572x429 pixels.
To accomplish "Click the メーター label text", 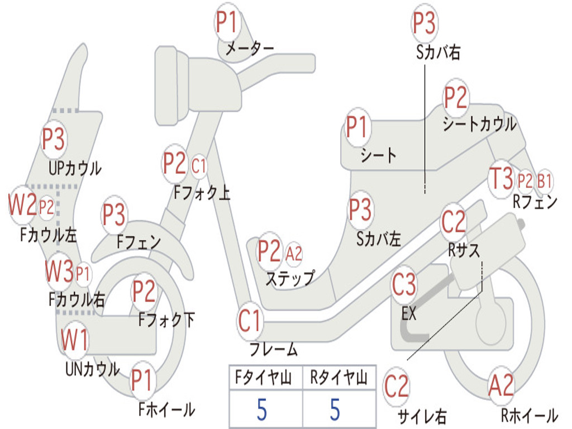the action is pyautogui.click(x=249, y=49).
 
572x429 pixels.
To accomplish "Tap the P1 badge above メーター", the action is pyautogui.click(x=227, y=23).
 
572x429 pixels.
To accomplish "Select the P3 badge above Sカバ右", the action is pyautogui.click(x=425, y=23).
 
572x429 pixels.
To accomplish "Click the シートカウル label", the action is pyautogui.click(x=479, y=124).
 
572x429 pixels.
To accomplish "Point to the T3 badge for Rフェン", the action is pyautogui.click(x=501, y=179).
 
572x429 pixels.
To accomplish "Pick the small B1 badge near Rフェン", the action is pyautogui.click(x=545, y=180).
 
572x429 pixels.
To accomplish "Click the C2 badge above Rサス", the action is pyautogui.click(x=453, y=222).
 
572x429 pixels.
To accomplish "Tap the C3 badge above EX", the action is pyautogui.click(x=404, y=285).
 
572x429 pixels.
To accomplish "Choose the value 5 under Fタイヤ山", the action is pyautogui.click(x=262, y=409).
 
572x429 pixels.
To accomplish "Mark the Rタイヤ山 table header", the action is pyautogui.click(x=339, y=379).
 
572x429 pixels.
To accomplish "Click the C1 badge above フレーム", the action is pyautogui.click(x=250, y=321).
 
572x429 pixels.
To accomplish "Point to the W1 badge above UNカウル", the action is pyautogui.click(x=74, y=340).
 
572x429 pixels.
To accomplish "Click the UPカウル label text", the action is pyautogui.click(x=75, y=168).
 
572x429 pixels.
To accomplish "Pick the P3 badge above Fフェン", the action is pyautogui.click(x=114, y=215).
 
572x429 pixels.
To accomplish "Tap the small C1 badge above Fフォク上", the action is pyautogui.click(x=199, y=165).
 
